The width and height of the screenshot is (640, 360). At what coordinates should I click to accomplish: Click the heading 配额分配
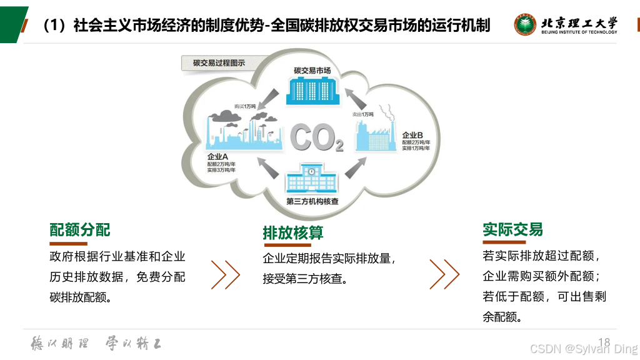click(x=80, y=230)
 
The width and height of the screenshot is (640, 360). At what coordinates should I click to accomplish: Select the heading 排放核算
click(x=292, y=233)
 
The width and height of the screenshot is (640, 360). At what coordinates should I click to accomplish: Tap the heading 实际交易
click(x=512, y=229)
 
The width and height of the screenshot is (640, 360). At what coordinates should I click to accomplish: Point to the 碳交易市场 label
click(x=312, y=71)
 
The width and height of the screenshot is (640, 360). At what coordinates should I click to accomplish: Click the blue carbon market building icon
click(x=312, y=91)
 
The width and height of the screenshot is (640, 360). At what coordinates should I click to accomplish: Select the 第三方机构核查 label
click(x=312, y=202)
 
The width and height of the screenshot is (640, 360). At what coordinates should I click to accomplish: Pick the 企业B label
click(x=412, y=135)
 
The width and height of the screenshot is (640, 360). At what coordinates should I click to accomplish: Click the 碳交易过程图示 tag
click(x=219, y=63)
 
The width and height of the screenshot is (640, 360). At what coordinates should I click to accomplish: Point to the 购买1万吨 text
click(x=244, y=106)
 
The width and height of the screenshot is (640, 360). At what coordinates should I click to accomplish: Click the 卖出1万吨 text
click(x=362, y=114)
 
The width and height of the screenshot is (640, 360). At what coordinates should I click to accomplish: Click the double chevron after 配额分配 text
click(x=226, y=273)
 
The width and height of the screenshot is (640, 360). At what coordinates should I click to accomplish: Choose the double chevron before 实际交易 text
click(x=444, y=273)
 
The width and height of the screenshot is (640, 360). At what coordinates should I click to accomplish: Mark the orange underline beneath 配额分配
click(x=69, y=243)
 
